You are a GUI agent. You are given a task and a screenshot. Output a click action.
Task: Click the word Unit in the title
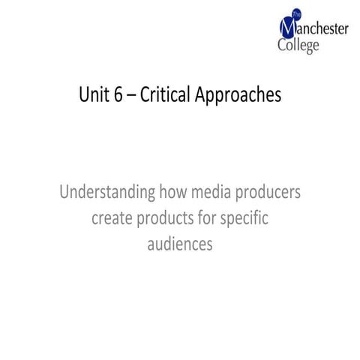(x=94, y=96)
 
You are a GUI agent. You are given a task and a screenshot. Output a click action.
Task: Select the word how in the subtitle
(x=173, y=193)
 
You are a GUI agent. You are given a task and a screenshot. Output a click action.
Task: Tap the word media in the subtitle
(x=214, y=193)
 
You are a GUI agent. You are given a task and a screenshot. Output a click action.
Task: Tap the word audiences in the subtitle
(x=180, y=244)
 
